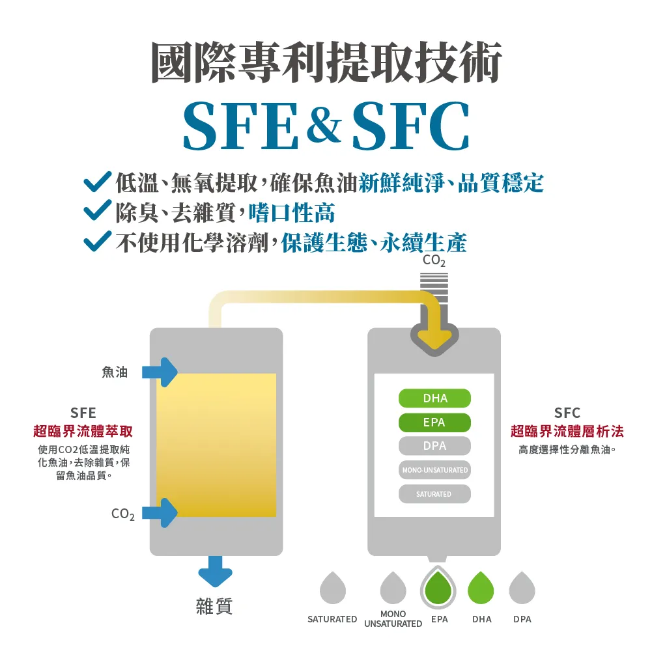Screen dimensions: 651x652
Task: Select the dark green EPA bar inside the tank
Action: click(434, 422)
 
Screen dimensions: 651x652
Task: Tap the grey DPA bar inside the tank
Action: click(434, 446)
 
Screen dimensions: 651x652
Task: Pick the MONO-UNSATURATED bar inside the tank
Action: click(434, 470)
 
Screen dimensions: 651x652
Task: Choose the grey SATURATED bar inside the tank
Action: click(434, 494)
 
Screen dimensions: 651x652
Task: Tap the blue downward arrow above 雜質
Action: click(215, 572)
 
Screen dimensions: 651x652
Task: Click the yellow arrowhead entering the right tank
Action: click(434, 339)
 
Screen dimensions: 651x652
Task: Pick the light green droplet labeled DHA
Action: click(481, 588)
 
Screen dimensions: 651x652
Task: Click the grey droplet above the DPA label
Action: click(522, 588)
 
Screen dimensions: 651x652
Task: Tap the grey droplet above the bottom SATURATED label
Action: click(333, 588)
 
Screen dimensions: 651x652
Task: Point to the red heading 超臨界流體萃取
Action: click(83, 431)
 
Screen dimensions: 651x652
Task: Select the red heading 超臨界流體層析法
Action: click(567, 431)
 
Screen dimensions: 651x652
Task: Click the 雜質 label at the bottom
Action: click(214, 607)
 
